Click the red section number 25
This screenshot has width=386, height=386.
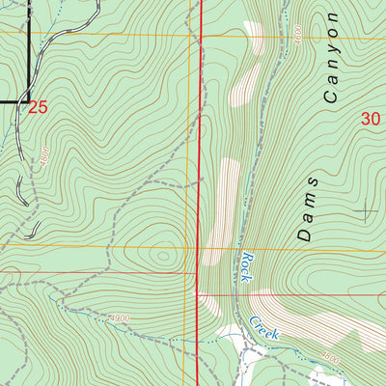pos(37,107)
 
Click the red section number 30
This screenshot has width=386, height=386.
pos(371,119)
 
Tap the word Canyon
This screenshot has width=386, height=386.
pos(333,58)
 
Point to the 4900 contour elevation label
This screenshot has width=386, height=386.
pos(120,318)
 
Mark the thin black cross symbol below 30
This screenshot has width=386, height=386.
pos(366,209)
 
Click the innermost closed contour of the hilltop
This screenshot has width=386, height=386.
pos(161,256)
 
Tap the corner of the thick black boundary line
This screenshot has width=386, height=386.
pos(27,99)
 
